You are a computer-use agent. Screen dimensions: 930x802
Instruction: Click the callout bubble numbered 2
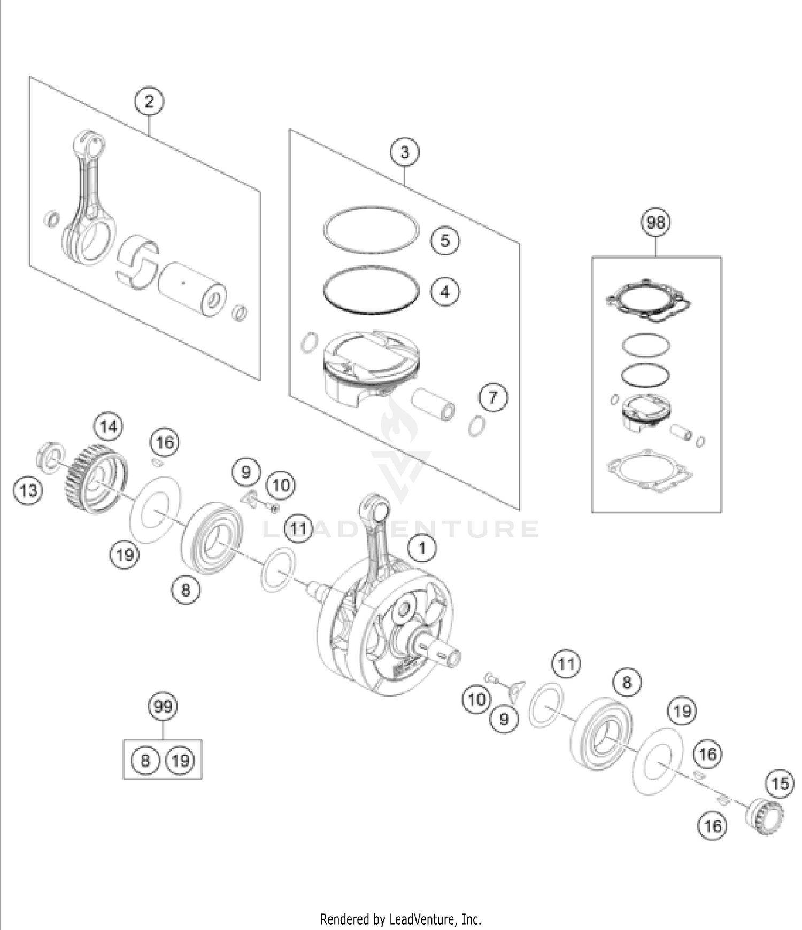coord(149,101)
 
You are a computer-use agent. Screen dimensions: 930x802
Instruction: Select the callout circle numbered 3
coord(405,152)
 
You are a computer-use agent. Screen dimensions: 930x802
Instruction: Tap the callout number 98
coord(656,222)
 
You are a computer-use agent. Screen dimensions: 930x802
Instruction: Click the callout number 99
coord(163,707)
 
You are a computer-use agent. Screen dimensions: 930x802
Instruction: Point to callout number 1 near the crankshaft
coord(422,548)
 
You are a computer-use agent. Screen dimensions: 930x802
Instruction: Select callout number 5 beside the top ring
coord(445,240)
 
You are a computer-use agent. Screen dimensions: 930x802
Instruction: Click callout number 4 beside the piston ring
coord(445,292)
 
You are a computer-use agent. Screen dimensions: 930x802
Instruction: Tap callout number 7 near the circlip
coord(493,397)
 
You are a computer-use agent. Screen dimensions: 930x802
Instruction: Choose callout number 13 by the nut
coord(28,489)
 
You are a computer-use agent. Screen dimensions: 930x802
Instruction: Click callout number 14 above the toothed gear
coord(109,426)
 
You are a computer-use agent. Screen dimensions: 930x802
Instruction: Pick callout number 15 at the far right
coord(780,784)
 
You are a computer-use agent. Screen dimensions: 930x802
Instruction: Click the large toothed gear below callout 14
coord(96,478)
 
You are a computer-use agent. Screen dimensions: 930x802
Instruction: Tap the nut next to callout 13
coord(51,458)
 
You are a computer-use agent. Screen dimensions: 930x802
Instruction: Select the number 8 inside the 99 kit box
coord(145,760)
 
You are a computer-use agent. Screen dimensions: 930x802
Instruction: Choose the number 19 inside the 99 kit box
coord(181,760)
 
